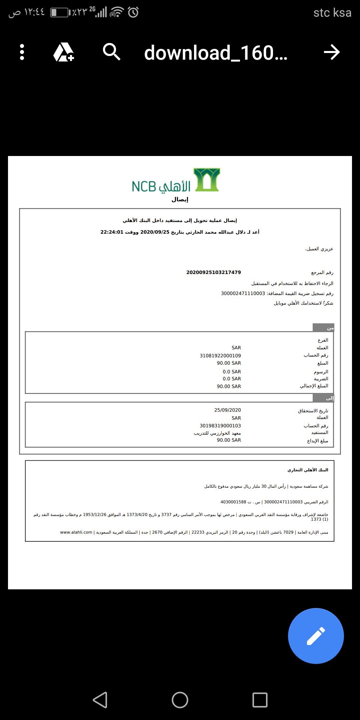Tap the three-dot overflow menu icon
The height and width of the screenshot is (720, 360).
coord(22,52)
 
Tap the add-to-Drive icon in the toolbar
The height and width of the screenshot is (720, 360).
coord(64,52)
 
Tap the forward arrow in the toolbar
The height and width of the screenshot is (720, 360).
coord(332,52)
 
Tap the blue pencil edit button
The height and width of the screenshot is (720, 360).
coord(316,636)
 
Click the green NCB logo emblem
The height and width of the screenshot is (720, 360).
coord(207,180)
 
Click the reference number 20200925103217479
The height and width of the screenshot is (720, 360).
coord(213,272)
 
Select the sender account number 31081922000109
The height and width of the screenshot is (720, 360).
coord(220,356)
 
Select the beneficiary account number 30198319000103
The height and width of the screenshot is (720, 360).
coord(220,426)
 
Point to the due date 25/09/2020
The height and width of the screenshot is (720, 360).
coord(227,410)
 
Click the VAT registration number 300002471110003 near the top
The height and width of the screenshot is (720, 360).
coord(243,293)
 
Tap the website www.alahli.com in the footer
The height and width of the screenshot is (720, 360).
coord(76,532)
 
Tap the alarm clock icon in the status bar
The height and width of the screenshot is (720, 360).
coord(133,12)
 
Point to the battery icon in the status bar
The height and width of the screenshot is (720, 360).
coord(59,12)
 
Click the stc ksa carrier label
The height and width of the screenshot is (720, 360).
coord(332,13)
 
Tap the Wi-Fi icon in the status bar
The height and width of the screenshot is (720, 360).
coord(116,12)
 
